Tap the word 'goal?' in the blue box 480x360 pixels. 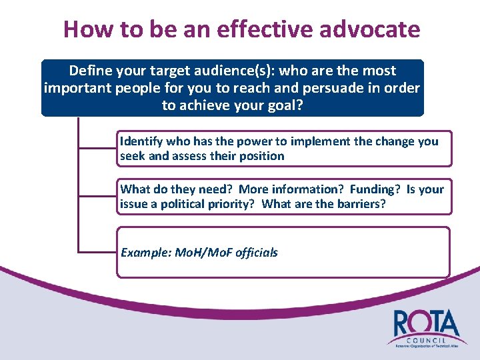(284, 106)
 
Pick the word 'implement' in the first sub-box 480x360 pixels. (295, 141)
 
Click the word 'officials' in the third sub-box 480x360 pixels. (257, 252)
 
